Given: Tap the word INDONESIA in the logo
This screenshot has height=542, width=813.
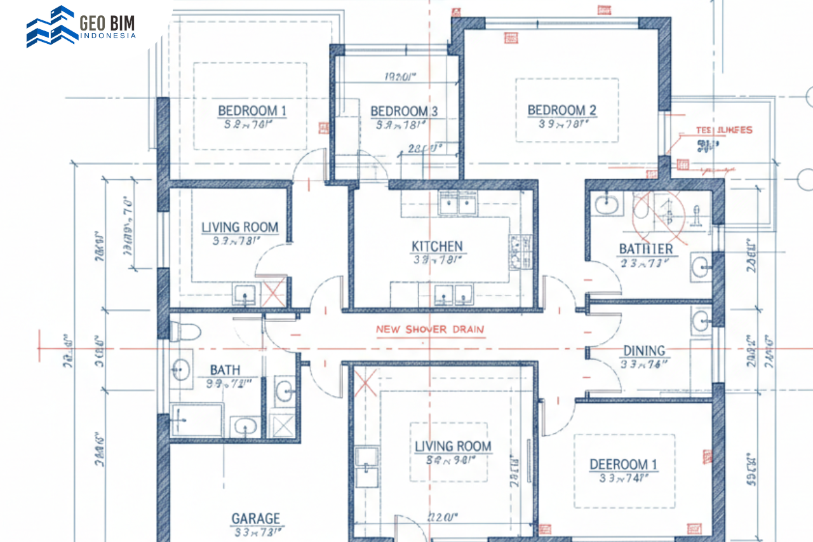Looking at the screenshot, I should pos(108,36).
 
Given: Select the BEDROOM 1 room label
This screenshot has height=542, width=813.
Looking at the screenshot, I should pos(252,111).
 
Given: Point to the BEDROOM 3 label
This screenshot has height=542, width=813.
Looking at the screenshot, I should pos(404,112).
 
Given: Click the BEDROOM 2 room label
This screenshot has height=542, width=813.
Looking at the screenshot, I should pos(561,111).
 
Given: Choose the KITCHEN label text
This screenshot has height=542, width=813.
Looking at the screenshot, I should pos(437,247).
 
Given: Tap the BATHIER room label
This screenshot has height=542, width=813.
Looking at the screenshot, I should pos(645,248).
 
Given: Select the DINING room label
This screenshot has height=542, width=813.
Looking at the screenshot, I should pos(643,351).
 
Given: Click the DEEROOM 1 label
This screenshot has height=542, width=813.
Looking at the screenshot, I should pos(623,464).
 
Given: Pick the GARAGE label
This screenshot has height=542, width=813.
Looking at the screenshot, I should pos(255,518).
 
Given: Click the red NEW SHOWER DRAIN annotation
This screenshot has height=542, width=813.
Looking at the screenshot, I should pos(430,330).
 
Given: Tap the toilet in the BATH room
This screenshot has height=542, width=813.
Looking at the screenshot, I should pos(185,331).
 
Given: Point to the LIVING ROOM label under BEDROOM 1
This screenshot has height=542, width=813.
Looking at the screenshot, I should pos(239,227).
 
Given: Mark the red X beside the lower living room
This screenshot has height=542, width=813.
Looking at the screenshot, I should pos(365,383).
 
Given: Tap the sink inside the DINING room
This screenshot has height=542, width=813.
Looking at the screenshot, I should pos(701,319).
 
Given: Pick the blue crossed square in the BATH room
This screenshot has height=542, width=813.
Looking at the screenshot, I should pos(282,426).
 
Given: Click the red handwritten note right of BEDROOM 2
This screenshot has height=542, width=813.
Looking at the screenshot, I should pos(723,130).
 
